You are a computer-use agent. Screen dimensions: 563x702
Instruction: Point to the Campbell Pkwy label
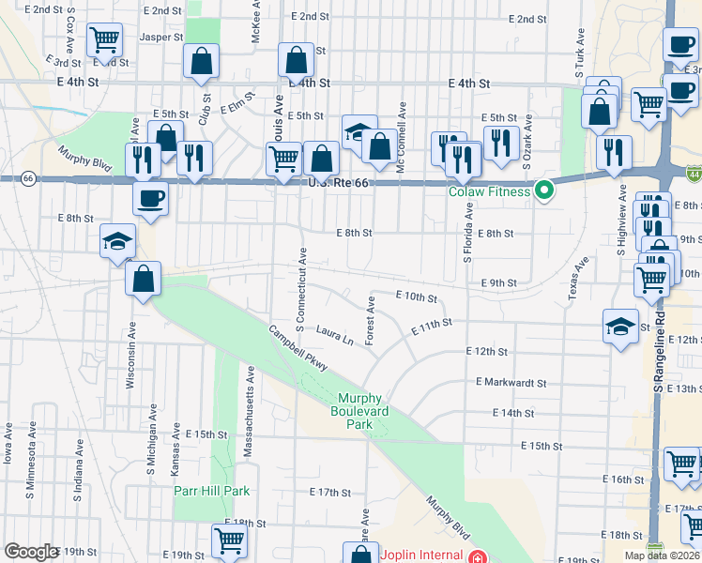click(x=298, y=348)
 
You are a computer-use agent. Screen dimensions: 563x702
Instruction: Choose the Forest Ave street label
click(x=372, y=321)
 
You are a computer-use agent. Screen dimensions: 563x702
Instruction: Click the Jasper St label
click(x=161, y=38)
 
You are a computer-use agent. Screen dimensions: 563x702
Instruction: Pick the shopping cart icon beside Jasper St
click(x=105, y=40)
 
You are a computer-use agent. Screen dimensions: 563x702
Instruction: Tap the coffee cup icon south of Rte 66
click(x=151, y=198)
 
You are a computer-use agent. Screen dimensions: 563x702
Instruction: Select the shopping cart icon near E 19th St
click(x=228, y=540)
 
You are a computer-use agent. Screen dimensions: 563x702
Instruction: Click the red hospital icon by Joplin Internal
click(x=479, y=555)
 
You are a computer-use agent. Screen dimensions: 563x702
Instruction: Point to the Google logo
click(x=31, y=552)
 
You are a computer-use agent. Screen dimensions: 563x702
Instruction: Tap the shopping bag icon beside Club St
click(x=202, y=62)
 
